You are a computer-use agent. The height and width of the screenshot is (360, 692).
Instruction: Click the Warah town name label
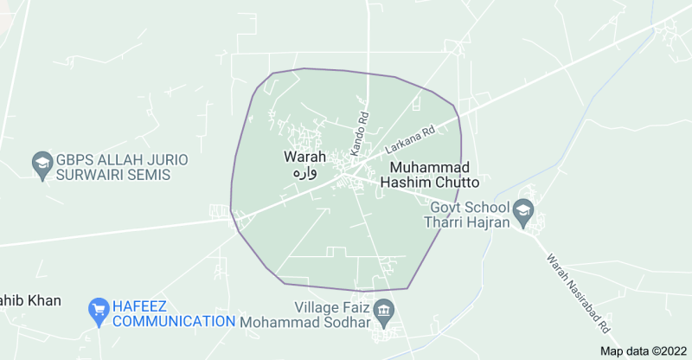[x=304, y=157]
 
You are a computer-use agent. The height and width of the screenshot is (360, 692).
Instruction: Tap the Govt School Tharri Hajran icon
[x=523, y=209]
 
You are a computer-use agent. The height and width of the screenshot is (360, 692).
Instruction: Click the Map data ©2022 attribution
[x=644, y=350]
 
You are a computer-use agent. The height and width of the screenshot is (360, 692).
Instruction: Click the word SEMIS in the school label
[x=148, y=175]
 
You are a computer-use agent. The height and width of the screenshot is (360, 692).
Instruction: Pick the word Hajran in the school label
[x=487, y=222]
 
